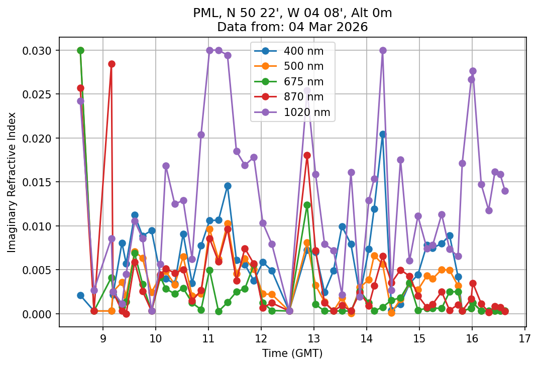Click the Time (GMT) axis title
coord(292,353)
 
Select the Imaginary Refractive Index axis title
coord(12,182)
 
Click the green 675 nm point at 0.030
coord(80,50)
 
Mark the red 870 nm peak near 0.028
coord(112,64)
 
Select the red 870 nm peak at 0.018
coord(307,155)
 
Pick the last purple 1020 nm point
coord(505,191)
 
